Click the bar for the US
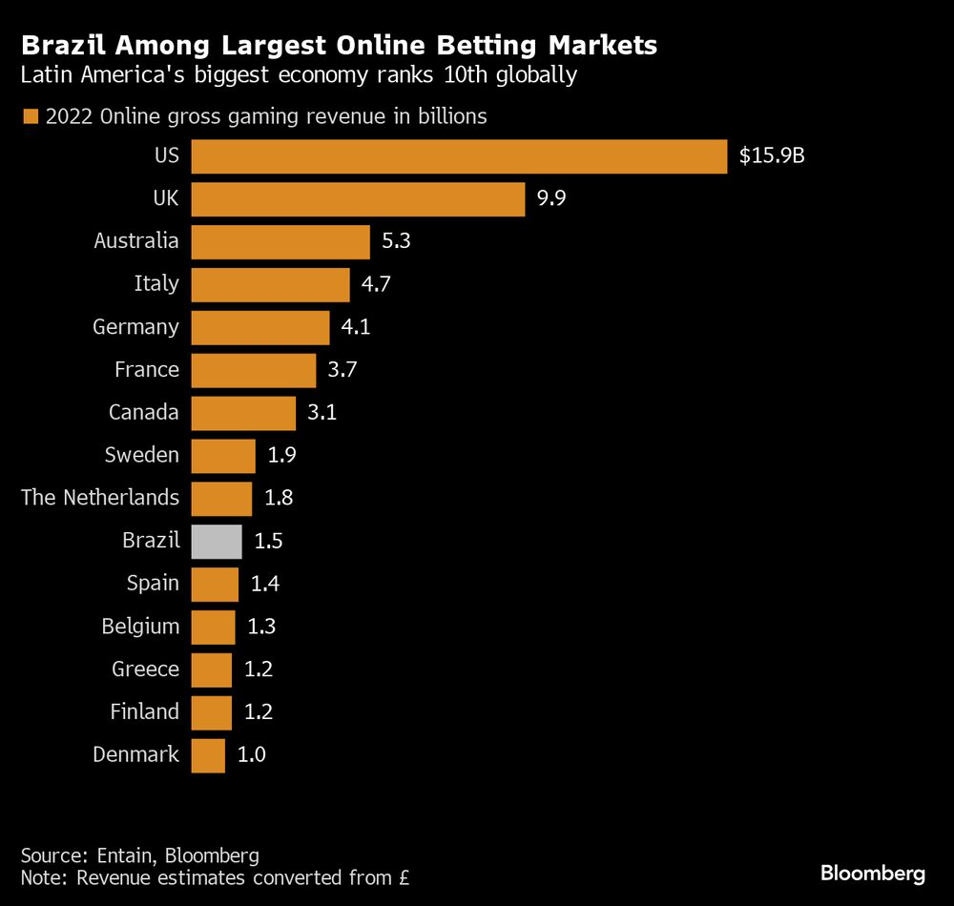459,156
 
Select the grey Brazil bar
217,541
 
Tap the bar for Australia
280,241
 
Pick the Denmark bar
208,754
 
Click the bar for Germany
260,327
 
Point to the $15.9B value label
772,156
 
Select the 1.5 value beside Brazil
269,541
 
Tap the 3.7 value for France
342,370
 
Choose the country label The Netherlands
100,497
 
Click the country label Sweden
142,455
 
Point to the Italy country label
156,284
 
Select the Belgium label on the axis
140,627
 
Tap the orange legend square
30,117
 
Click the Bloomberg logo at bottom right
873,873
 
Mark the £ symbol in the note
403,875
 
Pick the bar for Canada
243,413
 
